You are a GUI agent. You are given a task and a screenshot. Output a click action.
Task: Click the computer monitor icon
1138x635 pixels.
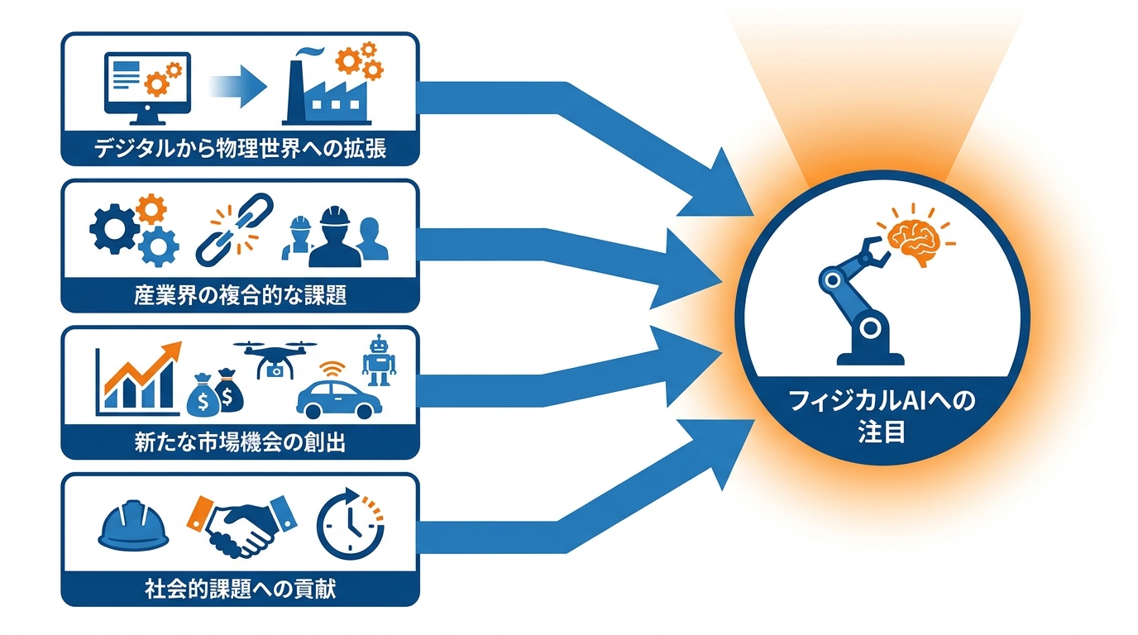point(147,88)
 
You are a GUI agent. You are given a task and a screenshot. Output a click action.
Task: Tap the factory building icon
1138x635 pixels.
point(326,93)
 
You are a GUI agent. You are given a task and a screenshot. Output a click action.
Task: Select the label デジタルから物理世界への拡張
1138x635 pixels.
point(241,148)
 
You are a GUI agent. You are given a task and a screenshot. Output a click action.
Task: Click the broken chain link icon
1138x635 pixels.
point(234,230)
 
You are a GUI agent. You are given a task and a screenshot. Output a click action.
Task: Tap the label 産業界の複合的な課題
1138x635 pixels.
point(241,294)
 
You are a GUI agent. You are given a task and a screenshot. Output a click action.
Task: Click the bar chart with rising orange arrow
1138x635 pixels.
point(138,379)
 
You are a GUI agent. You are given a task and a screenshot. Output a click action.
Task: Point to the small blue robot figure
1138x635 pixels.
point(379,361)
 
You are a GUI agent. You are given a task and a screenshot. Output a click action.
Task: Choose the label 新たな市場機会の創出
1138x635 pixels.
point(241,442)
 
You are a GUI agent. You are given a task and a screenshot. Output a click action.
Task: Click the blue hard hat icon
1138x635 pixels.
point(133,525)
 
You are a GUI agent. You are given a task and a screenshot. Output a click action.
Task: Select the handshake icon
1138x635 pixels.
point(241,526)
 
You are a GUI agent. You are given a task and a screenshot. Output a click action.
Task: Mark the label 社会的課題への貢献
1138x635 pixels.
point(241,590)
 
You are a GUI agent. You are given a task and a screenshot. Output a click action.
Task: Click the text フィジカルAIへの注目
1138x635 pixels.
point(882,416)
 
